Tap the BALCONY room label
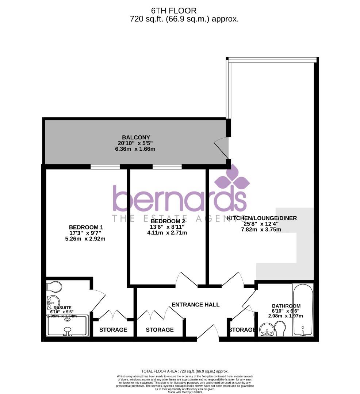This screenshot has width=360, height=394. (x=134, y=138)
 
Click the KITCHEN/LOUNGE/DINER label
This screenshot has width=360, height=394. (x=262, y=218)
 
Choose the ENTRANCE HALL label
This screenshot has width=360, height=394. (x=195, y=304)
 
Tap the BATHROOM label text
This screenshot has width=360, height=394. (x=286, y=306)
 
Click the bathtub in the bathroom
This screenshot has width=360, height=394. (x=303, y=310)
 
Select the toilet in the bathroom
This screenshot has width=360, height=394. (x=280, y=328)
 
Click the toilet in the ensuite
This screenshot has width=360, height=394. (x=55, y=287)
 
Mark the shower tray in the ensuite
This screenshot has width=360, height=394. (x=68, y=325)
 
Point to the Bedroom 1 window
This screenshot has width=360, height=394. (x=105, y=167)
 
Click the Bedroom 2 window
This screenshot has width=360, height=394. (x=167, y=167)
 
